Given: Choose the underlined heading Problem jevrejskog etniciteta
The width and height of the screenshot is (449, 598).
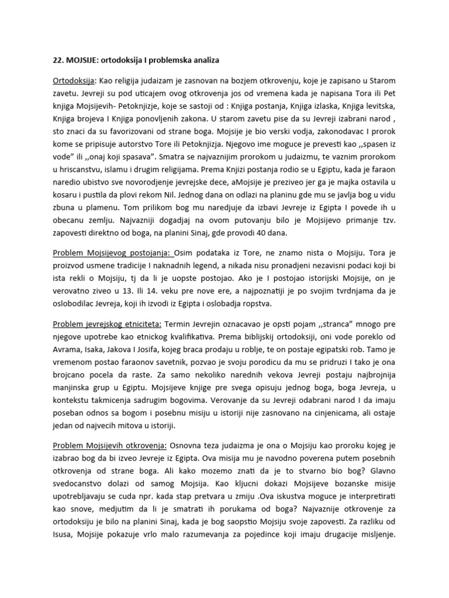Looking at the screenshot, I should pos(108,323).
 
